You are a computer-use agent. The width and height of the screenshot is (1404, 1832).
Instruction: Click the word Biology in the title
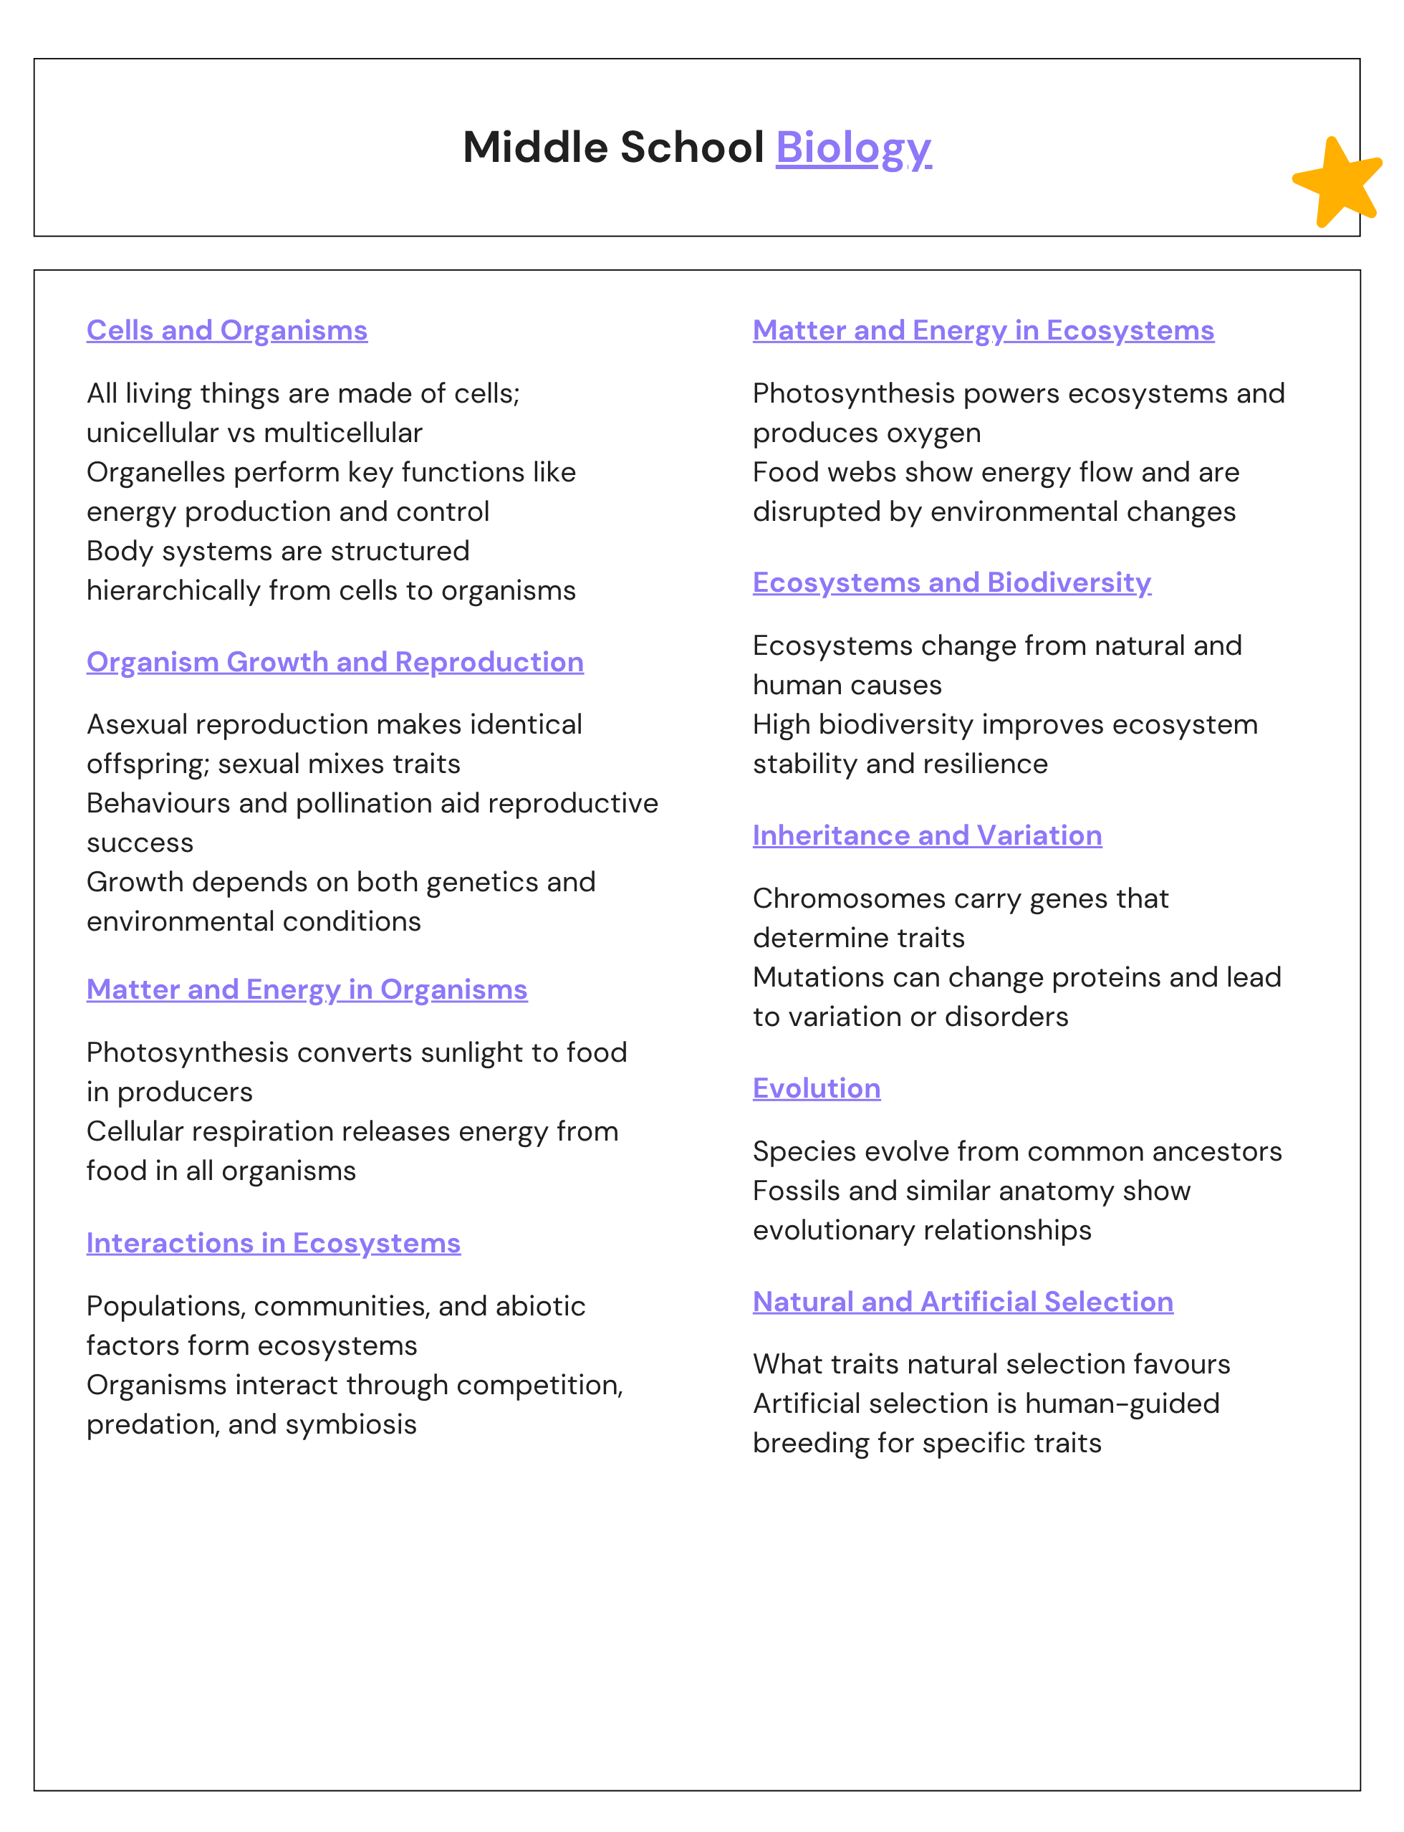pos(852,148)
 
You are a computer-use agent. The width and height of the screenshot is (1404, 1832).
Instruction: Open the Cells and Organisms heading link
pos(226,330)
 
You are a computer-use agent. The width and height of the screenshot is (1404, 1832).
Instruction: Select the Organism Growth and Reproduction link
pos(335,661)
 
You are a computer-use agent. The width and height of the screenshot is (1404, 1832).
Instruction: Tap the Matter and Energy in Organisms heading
pos(307,989)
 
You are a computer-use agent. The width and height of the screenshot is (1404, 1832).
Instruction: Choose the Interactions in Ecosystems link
pos(274,1243)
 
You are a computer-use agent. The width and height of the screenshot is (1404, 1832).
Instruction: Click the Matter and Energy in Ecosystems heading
pos(983,330)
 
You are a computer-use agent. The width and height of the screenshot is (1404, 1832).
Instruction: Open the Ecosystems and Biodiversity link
pos(951,582)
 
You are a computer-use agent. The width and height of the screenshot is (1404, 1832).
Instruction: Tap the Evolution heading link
pos(816,1088)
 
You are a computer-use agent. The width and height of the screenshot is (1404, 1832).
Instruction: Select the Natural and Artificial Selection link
pos(963,1301)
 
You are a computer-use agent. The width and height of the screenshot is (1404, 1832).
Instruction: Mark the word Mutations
pos(822,977)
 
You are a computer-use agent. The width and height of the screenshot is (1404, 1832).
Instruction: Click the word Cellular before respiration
pos(140,1131)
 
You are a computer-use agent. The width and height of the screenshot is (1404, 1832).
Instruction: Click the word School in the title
pos(691,148)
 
